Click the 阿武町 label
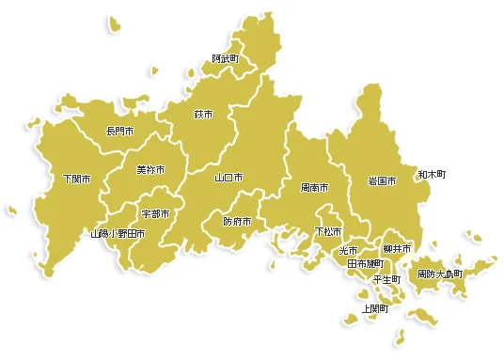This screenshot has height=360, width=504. click(x=225, y=58)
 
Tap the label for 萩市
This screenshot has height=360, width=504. click(x=203, y=115)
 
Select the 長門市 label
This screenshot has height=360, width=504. click(x=119, y=131)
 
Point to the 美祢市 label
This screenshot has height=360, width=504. click(x=150, y=170)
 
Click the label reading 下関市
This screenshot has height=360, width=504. click(x=76, y=179)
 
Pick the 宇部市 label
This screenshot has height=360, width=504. click(x=155, y=214)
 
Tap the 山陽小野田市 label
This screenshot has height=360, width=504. click(x=118, y=233)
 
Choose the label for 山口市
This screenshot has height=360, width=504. click(x=228, y=177)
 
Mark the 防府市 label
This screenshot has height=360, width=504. click(x=237, y=222)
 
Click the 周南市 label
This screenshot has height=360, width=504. click(x=314, y=188)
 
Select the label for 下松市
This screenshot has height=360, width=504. click(x=328, y=231)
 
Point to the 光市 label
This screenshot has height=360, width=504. click(x=348, y=250)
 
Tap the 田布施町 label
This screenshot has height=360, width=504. click(x=365, y=264)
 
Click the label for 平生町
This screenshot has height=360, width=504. click(x=386, y=279)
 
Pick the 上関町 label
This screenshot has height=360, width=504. click(x=374, y=308)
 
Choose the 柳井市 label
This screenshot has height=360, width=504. click(x=397, y=248)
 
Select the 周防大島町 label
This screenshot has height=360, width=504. click(x=440, y=274)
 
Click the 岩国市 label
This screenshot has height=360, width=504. click(x=382, y=180)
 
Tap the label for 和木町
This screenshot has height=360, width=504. click(x=432, y=174)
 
